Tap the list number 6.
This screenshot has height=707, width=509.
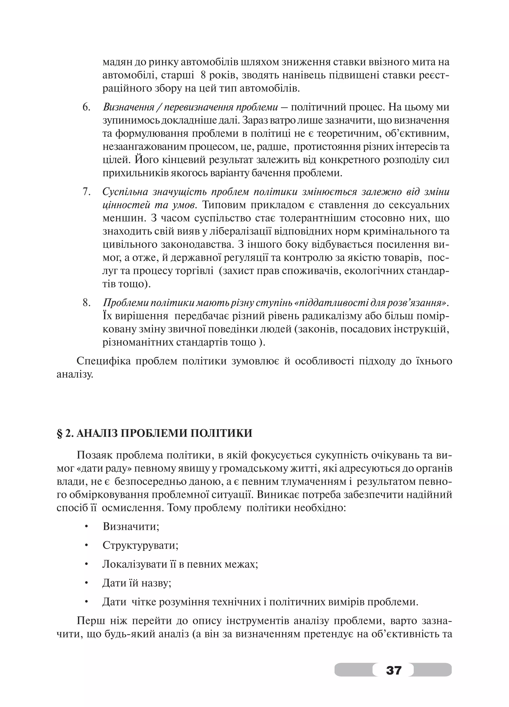(86, 107)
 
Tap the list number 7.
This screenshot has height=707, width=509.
(86, 192)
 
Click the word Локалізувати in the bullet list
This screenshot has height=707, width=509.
(134, 564)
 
